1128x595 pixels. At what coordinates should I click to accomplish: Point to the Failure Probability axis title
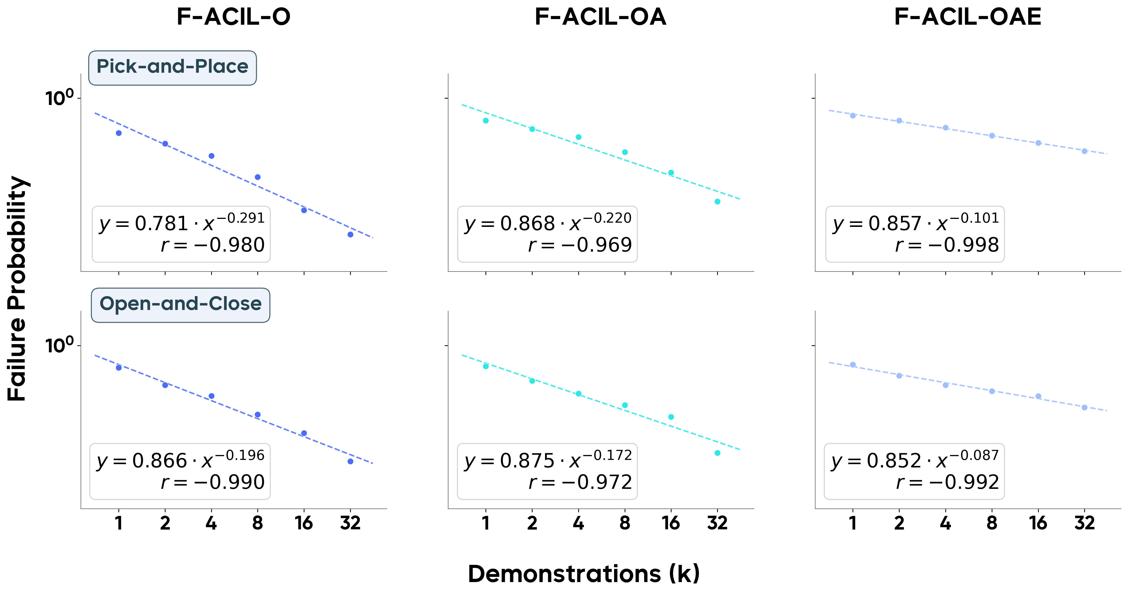[x=17, y=289]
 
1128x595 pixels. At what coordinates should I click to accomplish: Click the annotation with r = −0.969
[x=547, y=234]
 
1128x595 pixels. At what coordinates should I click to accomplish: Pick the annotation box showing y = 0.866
[x=180, y=471]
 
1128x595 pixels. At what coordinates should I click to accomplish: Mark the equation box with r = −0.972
[x=547, y=471]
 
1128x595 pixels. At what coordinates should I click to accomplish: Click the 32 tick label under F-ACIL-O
[x=350, y=523]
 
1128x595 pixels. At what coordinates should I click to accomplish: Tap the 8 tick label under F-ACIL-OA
[x=625, y=523]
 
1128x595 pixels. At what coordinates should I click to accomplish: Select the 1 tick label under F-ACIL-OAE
[x=853, y=523]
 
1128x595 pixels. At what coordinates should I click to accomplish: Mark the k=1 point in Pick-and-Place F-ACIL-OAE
[x=853, y=116]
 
